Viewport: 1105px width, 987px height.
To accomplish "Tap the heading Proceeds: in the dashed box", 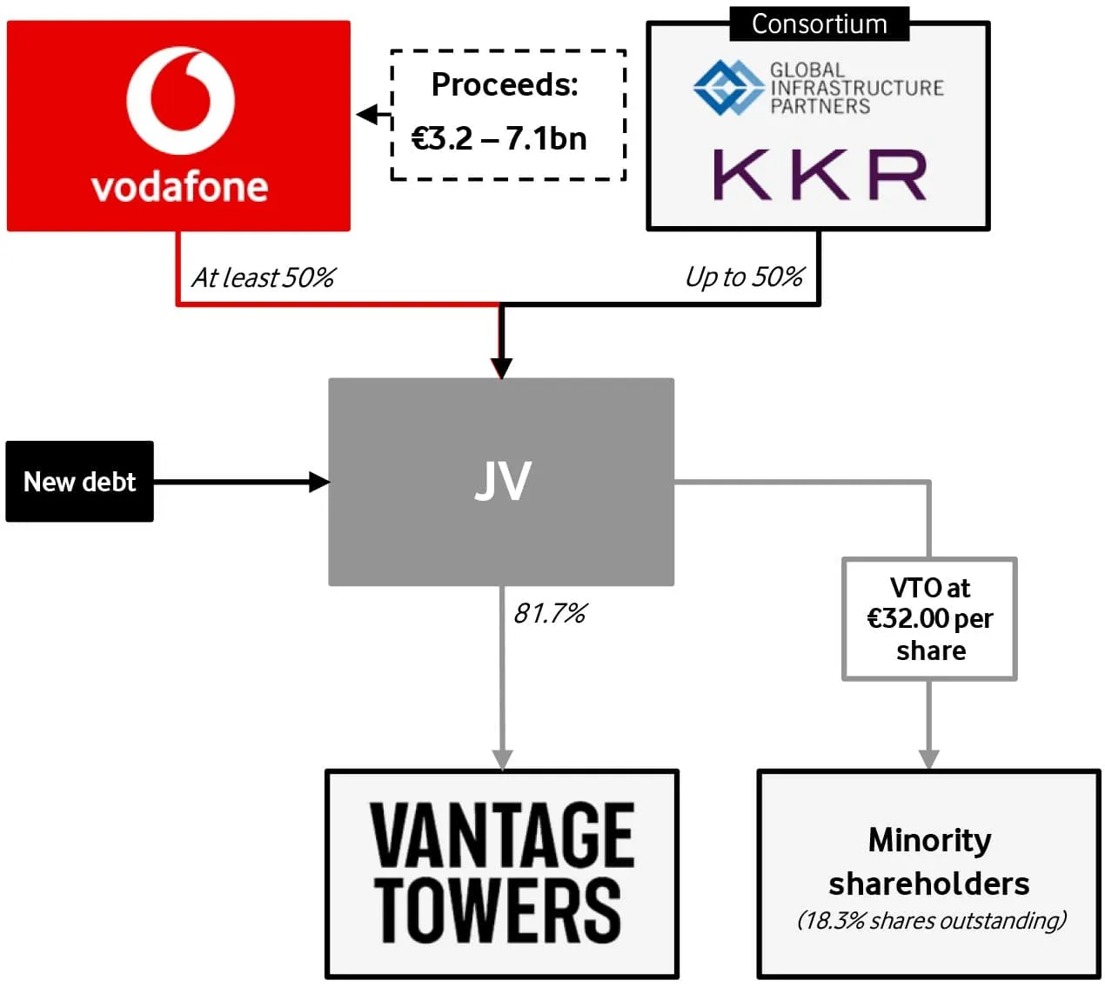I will (505, 84).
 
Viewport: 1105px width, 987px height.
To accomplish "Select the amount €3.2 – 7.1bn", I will (499, 138).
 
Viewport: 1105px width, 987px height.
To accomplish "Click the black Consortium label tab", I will (819, 23).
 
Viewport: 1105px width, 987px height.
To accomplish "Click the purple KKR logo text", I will (820, 175).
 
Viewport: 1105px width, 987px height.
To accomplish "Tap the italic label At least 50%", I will (263, 277).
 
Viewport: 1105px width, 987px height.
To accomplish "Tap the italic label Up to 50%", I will (744, 277).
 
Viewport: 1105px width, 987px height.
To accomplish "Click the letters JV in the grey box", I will (502, 481).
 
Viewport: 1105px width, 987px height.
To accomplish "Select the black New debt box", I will (79, 482).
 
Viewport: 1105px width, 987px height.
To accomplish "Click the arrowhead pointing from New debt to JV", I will (319, 482).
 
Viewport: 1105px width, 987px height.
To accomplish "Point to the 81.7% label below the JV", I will (549, 614).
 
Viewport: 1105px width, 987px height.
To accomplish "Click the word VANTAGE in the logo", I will (502, 835).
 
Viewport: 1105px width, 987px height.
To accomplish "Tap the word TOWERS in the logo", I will (498, 910).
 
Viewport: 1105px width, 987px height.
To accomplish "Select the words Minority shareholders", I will (929, 862).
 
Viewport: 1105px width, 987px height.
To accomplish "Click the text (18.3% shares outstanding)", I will (931, 920).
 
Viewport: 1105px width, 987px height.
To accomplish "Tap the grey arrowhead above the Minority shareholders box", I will (928, 758).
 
